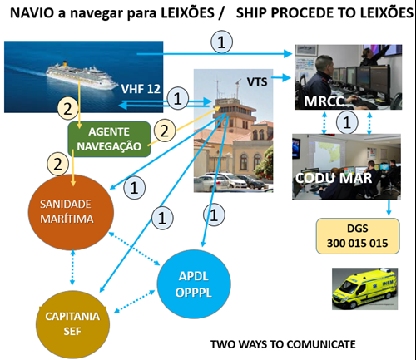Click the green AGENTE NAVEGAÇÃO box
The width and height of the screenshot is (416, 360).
pyautogui.click(x=109, y=139)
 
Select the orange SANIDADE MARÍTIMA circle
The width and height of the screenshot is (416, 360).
pyautogui.click(x=71, y=212)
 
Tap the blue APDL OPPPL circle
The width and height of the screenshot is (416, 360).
pyautogui.click(x=194, y=284)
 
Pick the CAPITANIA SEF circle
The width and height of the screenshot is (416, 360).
pyautogui.click(x=72, y=324)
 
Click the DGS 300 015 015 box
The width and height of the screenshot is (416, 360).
pyautogui.click(x=358, y=236)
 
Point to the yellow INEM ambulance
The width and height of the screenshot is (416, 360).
pyautogui.click(x=364, y=289)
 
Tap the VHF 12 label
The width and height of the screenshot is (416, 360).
pyautogui.click(x=141, y=89)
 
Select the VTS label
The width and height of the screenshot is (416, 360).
pyautogui.click(x=257, y=81)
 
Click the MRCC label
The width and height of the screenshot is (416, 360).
pyautogui.click(x=324, y=101)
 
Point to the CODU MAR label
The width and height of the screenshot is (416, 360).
pyautogui.click(x=334, y=178)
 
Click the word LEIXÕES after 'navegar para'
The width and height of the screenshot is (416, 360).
pyautogui.click(x=188, y=12)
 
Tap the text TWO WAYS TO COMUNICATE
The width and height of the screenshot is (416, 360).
pyautogui.click(x=283, y=344)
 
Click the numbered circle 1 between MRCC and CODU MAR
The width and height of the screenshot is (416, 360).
pyautogui.click(x=347, y=122)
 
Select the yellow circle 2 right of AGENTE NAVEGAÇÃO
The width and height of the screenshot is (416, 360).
pyautogui.click(x=165, y=131)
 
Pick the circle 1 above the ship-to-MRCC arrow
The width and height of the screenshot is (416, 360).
pyautogui.click(x=221, y=42)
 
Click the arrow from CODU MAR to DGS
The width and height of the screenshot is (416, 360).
pyautogui.click(x=389, y=207)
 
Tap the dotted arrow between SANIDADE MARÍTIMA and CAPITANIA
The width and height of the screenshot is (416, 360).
pyautogui.click(x=72, y=268)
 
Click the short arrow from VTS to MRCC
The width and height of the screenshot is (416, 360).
pyautogui.click(x=280, y=77)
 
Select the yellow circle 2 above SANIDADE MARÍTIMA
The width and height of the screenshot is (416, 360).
pyautogui.click(x=57, y=164)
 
